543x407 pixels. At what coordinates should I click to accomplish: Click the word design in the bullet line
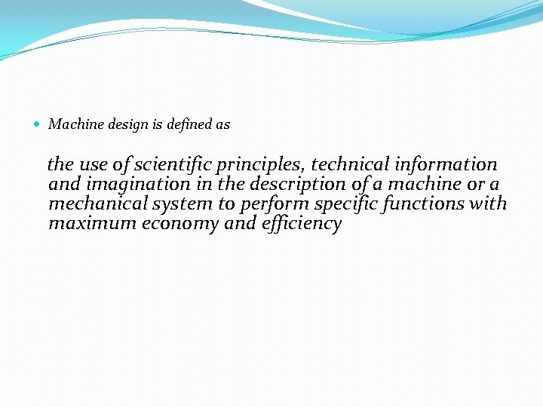[123, 125]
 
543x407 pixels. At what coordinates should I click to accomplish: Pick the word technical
[349, 164]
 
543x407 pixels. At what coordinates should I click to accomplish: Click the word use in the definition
[94, 165]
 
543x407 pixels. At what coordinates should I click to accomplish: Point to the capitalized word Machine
[75, 124]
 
